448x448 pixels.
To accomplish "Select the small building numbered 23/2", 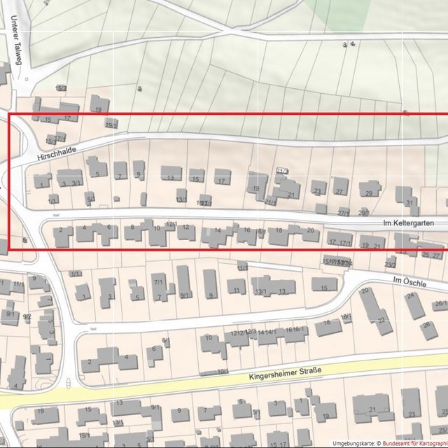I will (x=390, y=264).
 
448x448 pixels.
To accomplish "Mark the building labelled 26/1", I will (x=440, y=304).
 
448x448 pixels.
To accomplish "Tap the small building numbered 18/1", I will (x=346, y=317).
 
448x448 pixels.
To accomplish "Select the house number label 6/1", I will (x=166, y=341).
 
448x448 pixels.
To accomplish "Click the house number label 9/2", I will (x=27, y=317).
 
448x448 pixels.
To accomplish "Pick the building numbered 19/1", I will (x=111, y=124).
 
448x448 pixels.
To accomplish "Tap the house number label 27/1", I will (x=343, y=212).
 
